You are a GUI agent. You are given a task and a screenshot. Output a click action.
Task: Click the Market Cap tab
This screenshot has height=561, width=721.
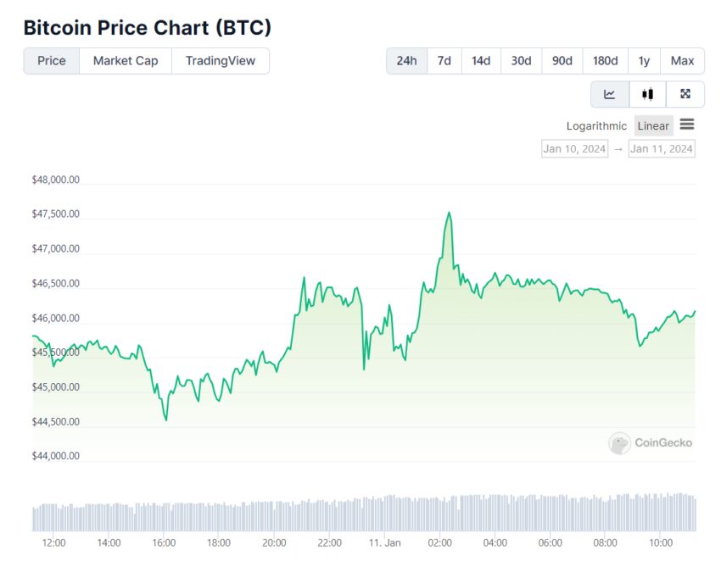point(126,61)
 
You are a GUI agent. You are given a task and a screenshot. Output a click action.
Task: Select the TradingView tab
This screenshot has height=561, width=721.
point(221,61)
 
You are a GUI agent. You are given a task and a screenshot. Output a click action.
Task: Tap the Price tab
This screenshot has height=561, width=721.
point(52,61)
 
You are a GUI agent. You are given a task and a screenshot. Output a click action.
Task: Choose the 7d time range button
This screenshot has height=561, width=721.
point(444,61)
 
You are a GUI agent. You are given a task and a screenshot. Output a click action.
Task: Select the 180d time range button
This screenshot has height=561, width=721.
point(605,61)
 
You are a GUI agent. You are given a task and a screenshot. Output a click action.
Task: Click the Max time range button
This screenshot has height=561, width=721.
point(682,61)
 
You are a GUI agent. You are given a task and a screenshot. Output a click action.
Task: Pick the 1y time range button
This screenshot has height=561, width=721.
point(644,61)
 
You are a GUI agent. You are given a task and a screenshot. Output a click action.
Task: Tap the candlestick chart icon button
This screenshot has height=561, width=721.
point(647,94)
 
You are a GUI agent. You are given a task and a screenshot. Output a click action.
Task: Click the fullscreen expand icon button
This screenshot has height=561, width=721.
point(685,94)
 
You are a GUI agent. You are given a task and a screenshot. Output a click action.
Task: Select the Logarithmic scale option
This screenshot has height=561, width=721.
point(596,126)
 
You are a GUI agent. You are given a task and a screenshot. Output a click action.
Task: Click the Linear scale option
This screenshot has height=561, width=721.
point(653,126)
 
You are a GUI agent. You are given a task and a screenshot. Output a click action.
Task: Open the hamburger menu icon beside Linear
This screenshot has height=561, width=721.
point(687,125)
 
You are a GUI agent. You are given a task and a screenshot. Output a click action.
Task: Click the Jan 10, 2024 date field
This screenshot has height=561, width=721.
point(574,149)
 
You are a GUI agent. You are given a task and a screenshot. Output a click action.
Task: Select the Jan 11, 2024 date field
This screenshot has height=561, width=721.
point(662,149)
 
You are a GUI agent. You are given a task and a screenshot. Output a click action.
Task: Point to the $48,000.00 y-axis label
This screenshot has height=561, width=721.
point(56,180)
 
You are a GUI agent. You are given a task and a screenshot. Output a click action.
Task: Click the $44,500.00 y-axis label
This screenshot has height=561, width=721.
point(56,422)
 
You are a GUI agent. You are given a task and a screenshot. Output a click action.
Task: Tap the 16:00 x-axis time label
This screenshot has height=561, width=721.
point(164,543)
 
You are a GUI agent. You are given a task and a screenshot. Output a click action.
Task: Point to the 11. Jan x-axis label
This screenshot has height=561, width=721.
point(384,543)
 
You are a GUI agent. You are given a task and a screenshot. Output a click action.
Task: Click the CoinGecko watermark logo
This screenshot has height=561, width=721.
point(651,442)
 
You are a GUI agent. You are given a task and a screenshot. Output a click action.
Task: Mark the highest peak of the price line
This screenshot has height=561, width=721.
point(449,213)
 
